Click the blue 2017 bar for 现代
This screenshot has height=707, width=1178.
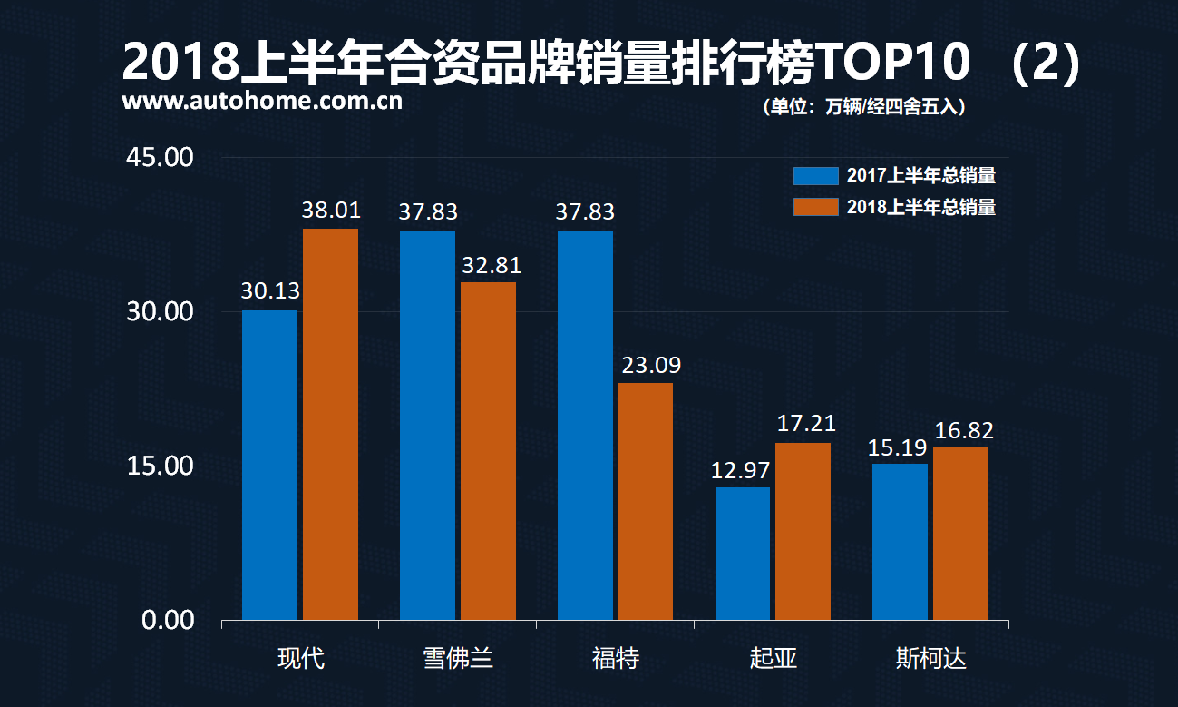coord(269,465)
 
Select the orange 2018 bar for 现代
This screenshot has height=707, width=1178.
coord(330,424)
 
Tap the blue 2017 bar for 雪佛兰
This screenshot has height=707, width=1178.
coord(427,425)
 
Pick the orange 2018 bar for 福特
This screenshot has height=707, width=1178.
coord(646,501)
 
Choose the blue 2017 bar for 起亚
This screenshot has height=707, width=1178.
coord(743,554)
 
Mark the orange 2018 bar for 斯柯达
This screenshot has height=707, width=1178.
coord(960,534)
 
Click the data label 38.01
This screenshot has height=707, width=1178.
coord(331,211)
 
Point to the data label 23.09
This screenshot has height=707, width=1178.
coord(651,366)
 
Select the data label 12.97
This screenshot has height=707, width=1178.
coord(741,470)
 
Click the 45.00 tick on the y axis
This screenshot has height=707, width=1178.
coord(161,157)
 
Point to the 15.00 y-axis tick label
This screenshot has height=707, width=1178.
coord(161,466)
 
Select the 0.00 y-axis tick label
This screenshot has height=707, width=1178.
coord(169,620)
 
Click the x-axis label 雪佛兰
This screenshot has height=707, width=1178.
coord(458,658)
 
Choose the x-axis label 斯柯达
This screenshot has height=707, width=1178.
coord(930,658)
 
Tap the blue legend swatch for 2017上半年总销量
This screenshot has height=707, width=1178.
coord(815,175)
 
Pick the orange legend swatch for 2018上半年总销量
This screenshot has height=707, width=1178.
coord(815,207)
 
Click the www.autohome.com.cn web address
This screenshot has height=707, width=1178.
coord(262,102)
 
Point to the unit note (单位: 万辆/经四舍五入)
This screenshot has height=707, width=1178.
coord(864,107)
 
